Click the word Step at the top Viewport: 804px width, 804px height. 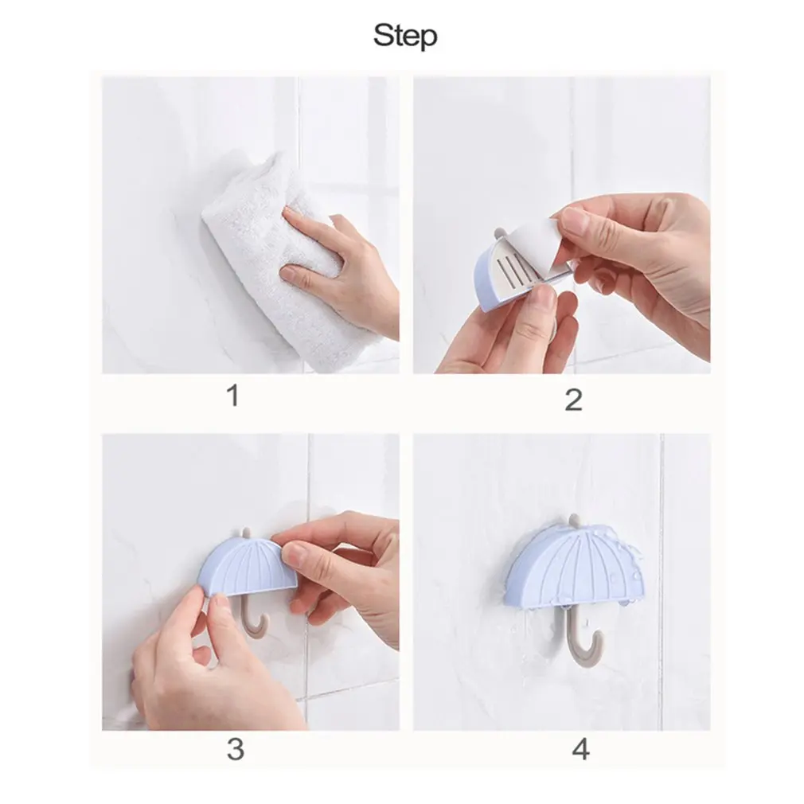tap(404, 35)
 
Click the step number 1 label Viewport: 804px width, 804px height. tap(232, 396)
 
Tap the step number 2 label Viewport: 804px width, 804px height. tap(573, 399)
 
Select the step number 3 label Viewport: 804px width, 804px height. tap(235, 748)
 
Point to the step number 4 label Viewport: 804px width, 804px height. tap(582, 748)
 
